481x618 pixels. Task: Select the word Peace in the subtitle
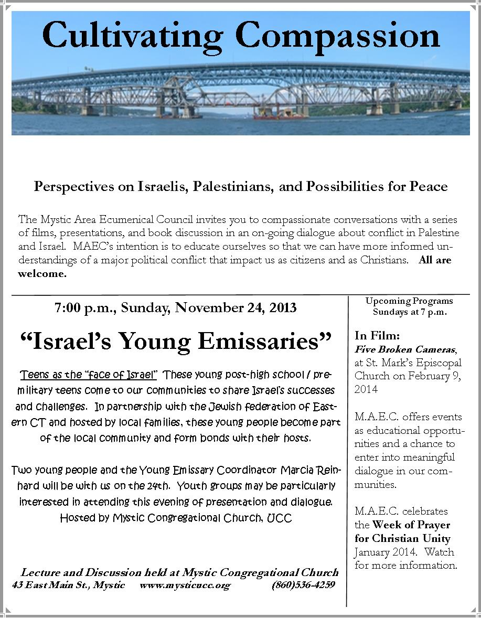430,186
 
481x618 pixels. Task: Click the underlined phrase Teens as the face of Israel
88,375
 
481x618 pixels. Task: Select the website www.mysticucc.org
185,585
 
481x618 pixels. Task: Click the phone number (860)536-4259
303,585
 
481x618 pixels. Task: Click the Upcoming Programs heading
409,301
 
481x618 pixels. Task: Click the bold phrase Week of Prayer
411,524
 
